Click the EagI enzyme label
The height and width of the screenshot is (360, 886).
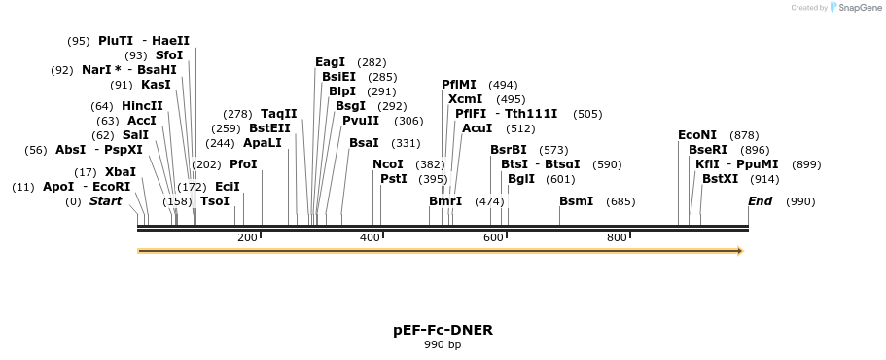(x=330, y=62)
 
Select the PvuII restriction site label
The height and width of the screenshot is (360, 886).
(x=361, y=121)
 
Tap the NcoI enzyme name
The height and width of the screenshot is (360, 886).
(x=388, y=164)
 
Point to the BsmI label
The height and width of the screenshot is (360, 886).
(x=577, y=201)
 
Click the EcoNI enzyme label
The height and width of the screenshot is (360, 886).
(x=697, y=135)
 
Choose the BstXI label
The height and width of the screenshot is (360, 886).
(x=720, y=179)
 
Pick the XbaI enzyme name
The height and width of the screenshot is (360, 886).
(x=121, y=172)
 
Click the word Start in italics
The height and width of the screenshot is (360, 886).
(x=106, y=201)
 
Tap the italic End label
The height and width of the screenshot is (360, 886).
(x=760, y=201)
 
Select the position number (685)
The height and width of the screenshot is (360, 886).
(x=620, y=201)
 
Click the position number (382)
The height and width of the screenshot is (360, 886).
(x=430, y=165)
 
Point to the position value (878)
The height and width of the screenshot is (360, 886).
(x=744, y=135)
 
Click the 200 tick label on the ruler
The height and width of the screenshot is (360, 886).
(x=247, y=237)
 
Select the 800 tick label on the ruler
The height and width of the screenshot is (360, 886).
(x=617, y=237)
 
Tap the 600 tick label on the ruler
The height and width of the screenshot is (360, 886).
(x=493, y=237)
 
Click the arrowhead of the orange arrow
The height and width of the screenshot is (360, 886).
(x=740, y=251)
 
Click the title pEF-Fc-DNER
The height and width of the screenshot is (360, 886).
(x=443, y=330)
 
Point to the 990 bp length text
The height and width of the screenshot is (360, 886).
(x=443, y=344)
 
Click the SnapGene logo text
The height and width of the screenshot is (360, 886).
(x=860, y=8)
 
